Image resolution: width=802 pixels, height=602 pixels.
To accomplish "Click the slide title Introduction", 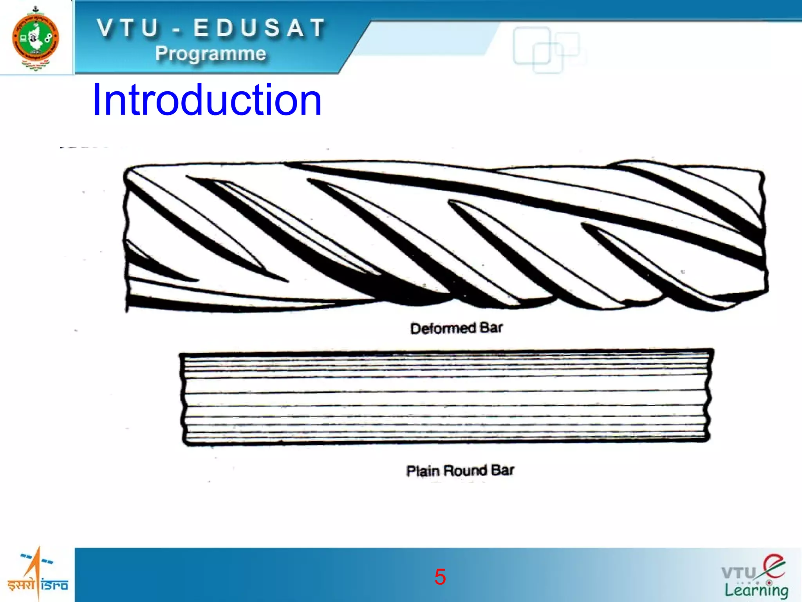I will point(207,100).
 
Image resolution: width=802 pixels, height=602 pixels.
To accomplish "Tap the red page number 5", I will point(440,577).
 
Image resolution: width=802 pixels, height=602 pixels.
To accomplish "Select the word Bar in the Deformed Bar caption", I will point(491,328).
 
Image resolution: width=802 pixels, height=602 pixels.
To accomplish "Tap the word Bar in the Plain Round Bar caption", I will point(503,470).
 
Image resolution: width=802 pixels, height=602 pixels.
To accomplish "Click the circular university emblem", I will point(36,38).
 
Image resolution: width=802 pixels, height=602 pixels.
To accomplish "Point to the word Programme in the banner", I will point(211,54).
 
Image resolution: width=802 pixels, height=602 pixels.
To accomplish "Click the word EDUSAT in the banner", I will point(259,28).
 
